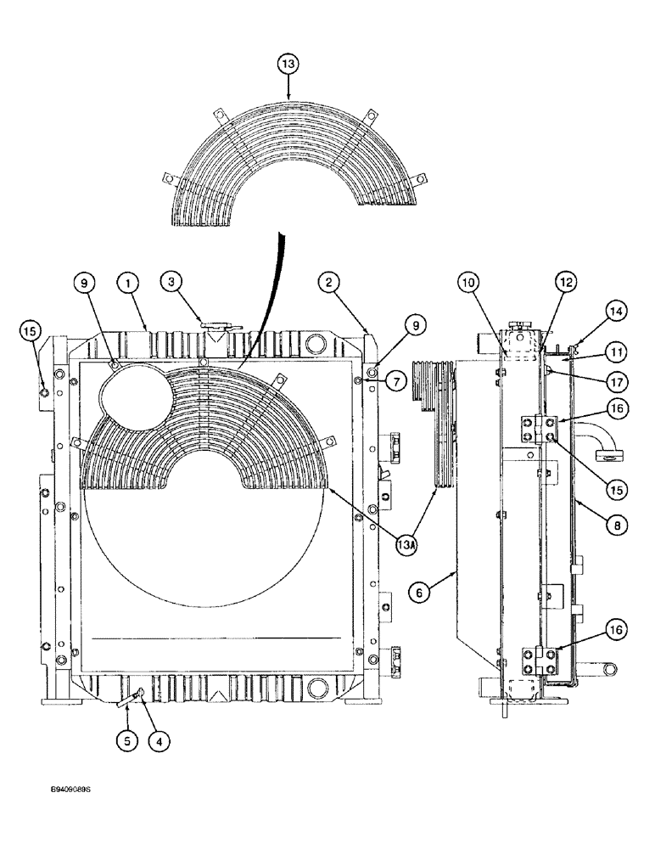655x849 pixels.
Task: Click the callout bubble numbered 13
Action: [x=288, y=64]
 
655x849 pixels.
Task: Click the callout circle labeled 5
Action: [x=127, y=740]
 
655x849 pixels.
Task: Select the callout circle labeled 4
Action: [x=158, y=740]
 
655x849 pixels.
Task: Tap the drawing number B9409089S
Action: [x=70, y=790]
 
